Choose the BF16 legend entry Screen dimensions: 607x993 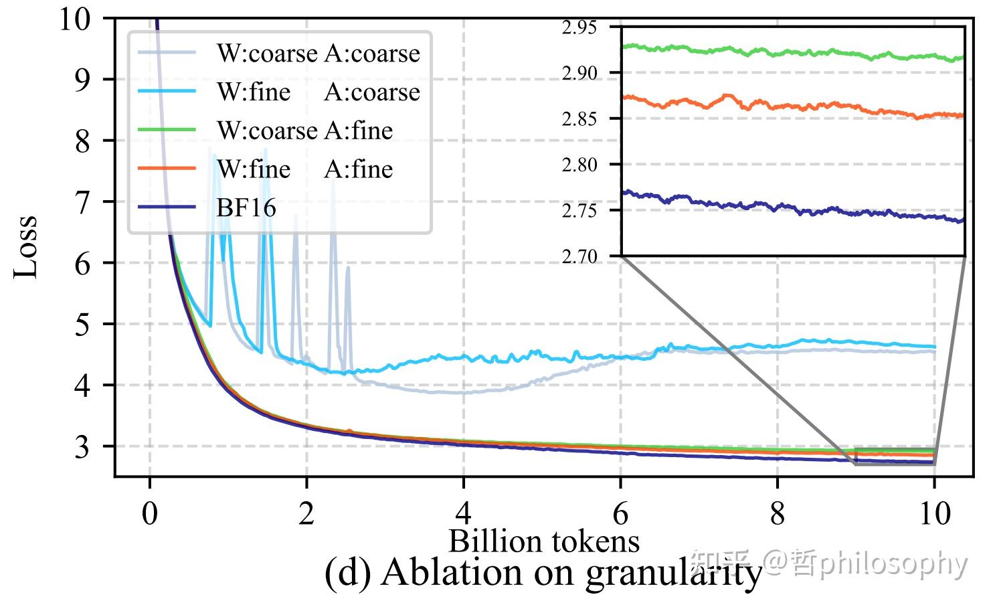pyautogui.click(x=246, y=207)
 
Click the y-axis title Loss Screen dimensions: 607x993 pyautogui.click(x=27, y=246)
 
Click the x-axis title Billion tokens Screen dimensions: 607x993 pyautogui.click(x=543, y=541)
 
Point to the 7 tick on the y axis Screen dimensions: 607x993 pyautogui.click(x=82, y=201)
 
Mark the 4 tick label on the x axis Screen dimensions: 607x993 pyautogui.click(x=463, y=514)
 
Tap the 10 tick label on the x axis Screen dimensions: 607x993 pyautogui.click(x=934, y=514)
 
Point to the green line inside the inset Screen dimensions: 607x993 pyautogui.click(x=790, y=52)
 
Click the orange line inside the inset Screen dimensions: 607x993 pyautogui.click(x=790, y=106)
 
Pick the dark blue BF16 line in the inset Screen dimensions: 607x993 pyautogui.click(x=790, y=209)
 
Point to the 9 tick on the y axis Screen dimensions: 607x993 pyautogui.click(x=82, y=80)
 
